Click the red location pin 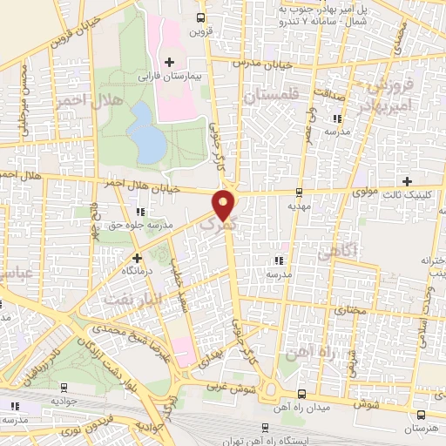[225, 204]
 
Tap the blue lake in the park [145, 132]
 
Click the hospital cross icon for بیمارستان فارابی [169, 62]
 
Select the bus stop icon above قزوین [201, 17]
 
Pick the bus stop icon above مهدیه [299, 192]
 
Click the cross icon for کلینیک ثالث [408, 180]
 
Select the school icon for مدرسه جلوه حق [140, 211]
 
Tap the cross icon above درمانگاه [136, 257]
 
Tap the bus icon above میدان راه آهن [301, 393]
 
